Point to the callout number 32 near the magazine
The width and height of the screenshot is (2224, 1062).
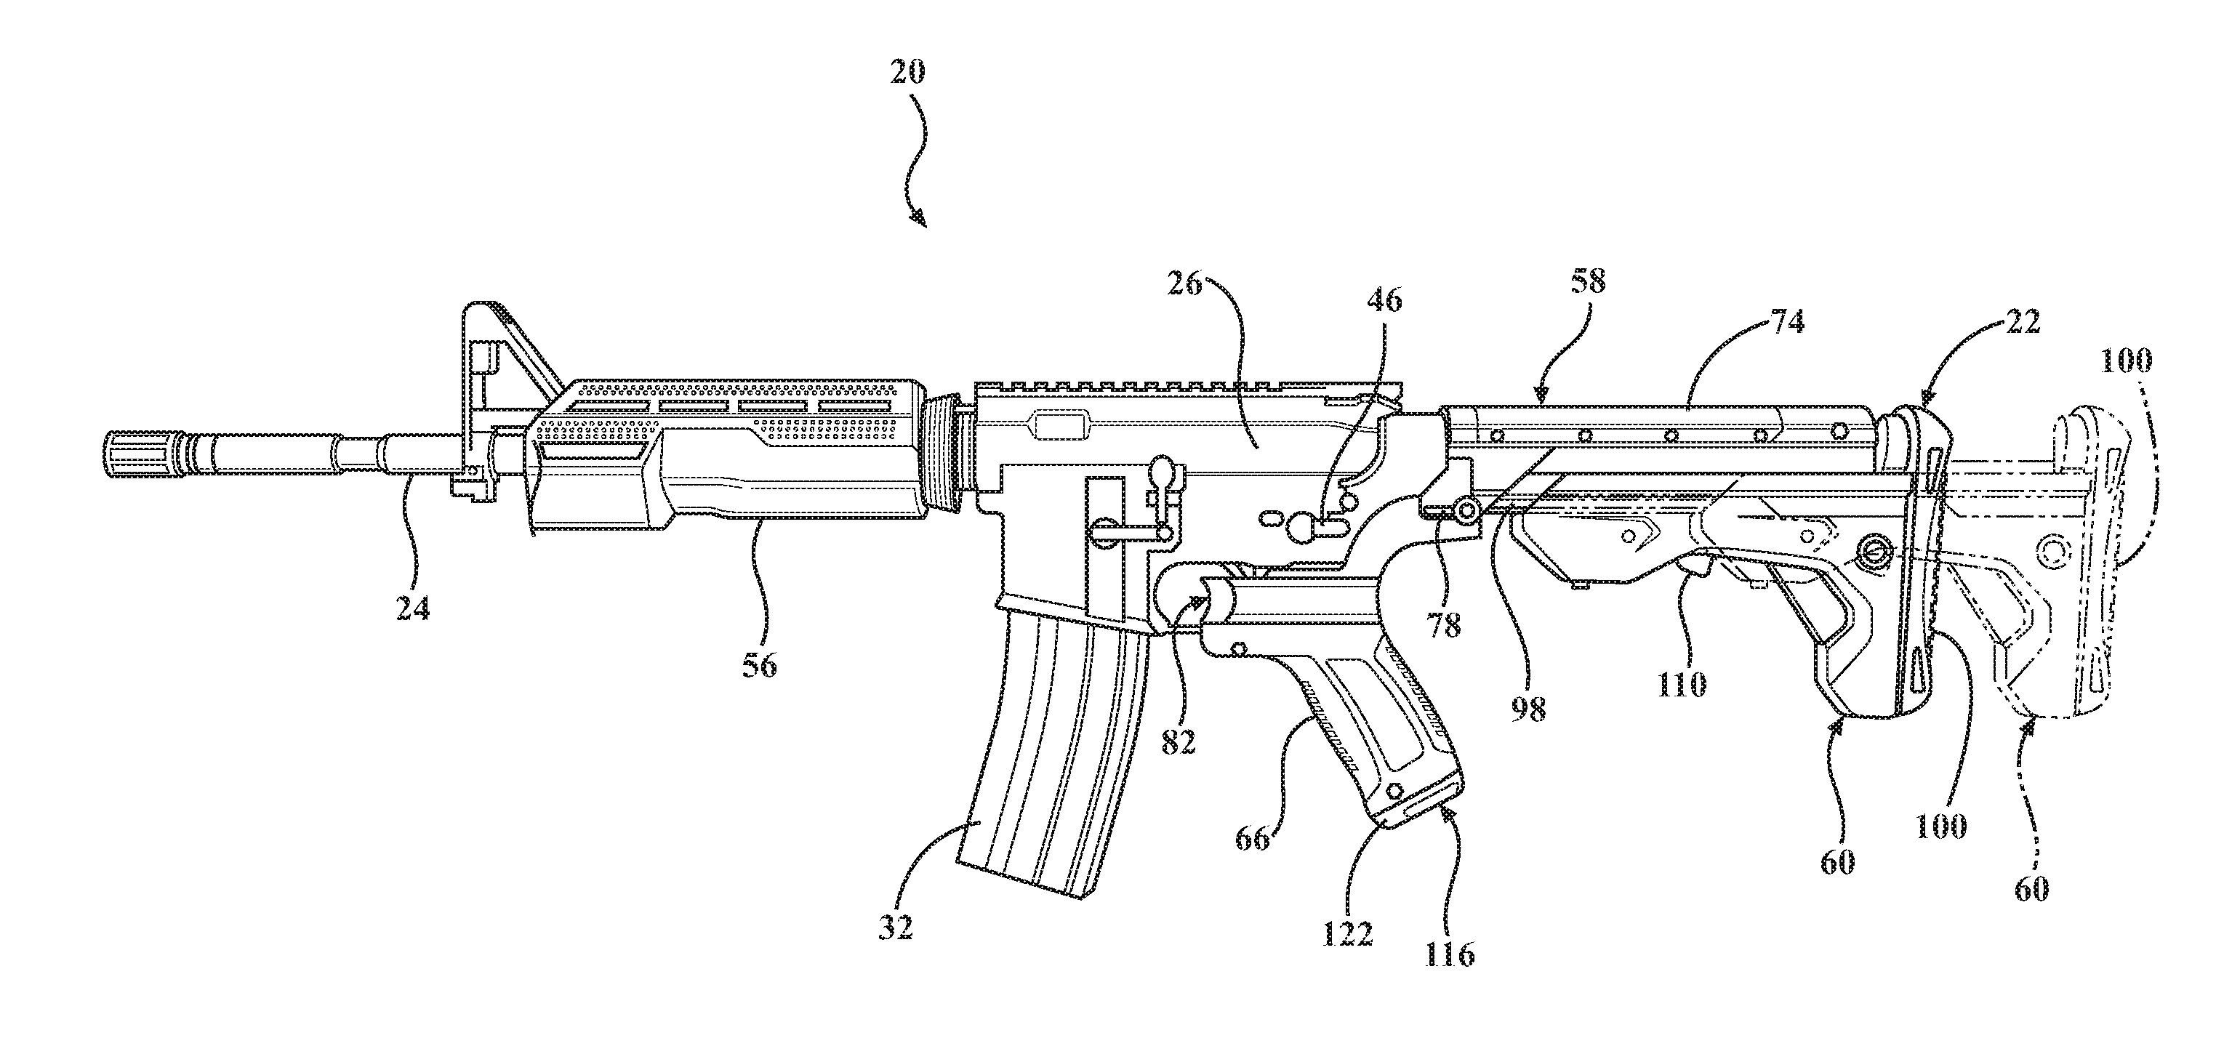[x=894, y=928]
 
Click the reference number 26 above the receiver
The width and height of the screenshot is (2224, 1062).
[x=1185, y=283]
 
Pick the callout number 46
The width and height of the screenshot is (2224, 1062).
[x=1384, y=299]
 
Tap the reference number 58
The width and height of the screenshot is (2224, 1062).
[x=1587, y=282]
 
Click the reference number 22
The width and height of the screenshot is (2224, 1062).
[x=2022, y=323]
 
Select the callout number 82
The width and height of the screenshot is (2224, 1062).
[x=1178, y=741]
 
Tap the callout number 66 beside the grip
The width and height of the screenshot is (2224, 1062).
[x=1252, y=837]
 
